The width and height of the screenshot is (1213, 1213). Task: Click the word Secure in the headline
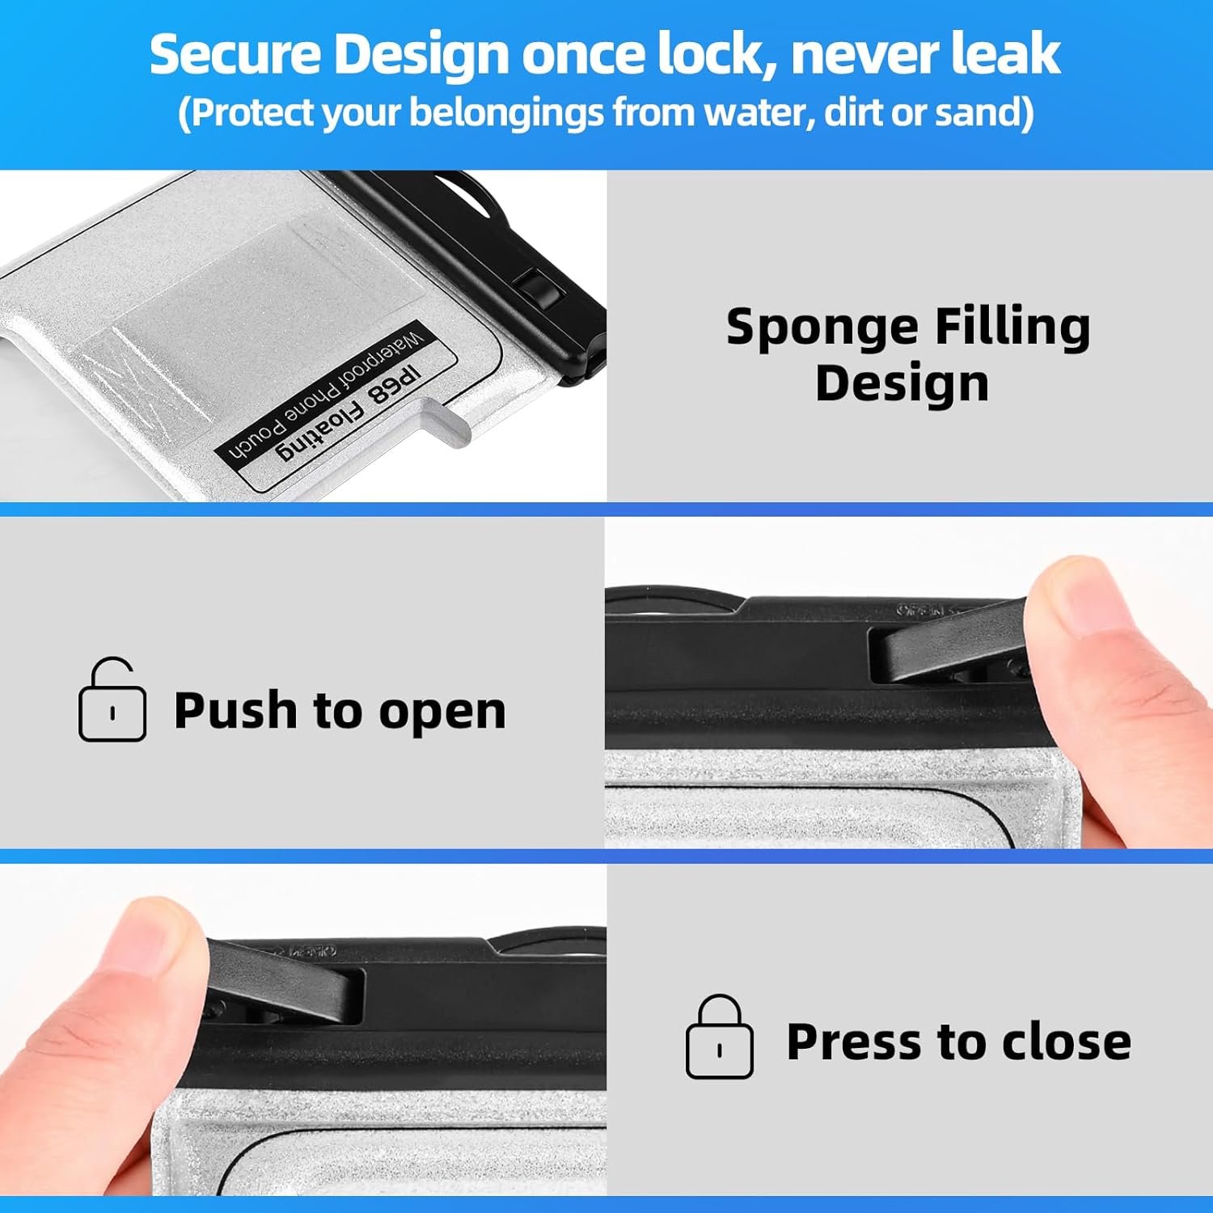tap(235, 54)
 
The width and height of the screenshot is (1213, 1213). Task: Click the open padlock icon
tap(112, 700)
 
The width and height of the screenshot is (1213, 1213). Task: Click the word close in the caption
tap(1066, 1042)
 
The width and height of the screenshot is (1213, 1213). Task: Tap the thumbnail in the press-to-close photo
tap(150, 938)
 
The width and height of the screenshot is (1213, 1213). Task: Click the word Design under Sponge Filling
tap(902, 383)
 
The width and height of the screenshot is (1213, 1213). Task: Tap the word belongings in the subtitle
tap(506, 112)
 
